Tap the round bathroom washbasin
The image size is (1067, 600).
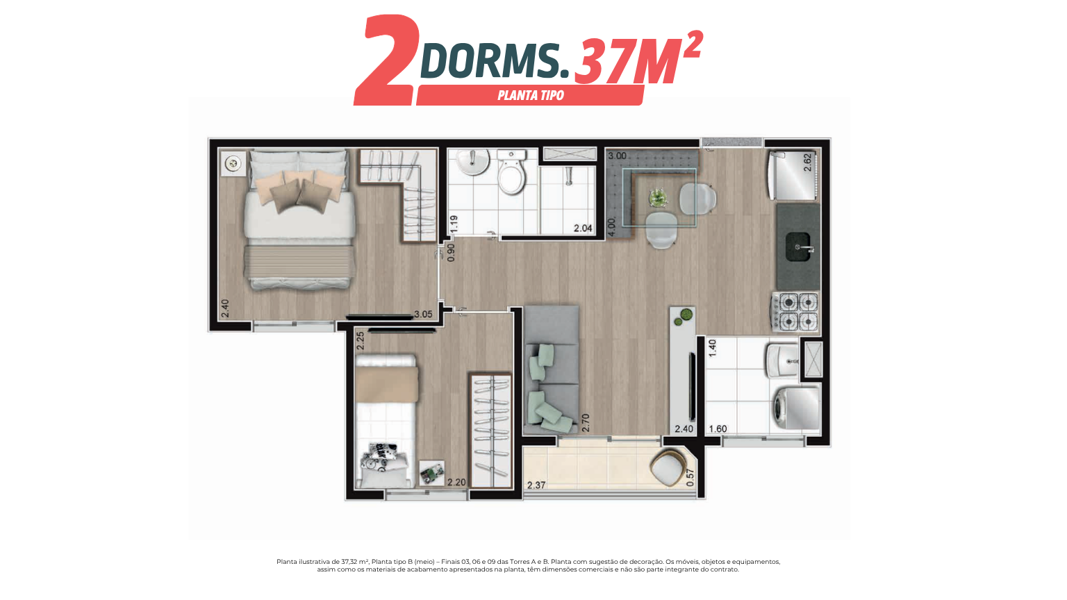(472, 162)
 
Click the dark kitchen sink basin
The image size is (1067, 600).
(798, 247)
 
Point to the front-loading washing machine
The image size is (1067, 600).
(795, 408)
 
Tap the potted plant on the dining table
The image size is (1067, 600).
(658, 198)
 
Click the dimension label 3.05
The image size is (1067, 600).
(423, 315)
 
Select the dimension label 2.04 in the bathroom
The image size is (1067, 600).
(583, 228)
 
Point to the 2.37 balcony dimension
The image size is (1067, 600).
(536, 485)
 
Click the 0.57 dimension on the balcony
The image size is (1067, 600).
(690, 478)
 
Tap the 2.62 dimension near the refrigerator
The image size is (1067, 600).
(807, 162)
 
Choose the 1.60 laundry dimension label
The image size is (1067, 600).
(718, 429)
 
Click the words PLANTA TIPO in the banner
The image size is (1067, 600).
(531, 95)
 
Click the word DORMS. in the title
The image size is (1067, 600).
(495, 60)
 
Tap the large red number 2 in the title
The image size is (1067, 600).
(387, 60)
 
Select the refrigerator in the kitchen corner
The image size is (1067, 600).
(793, 176)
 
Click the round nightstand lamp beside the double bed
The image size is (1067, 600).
(233, 164)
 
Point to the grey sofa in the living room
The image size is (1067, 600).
(551, 370)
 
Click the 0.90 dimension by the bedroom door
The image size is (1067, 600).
(451, 253)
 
